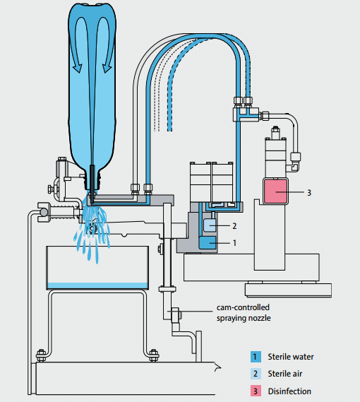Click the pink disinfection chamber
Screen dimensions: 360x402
(x=275, y=191)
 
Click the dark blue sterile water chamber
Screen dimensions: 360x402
(x=208, y=243)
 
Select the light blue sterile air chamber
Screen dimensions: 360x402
(x=210, y=225)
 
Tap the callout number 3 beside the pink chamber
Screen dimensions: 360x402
(x=309, y=193)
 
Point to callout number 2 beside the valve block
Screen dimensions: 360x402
(x=234, y=226)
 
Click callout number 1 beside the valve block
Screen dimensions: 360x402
(x=234, y=243)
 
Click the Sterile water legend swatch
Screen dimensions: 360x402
(x=256, y=357)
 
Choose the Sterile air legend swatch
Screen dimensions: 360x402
(x=256, y=374)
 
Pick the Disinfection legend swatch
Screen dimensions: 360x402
(x=256, y=391)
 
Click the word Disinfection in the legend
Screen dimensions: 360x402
(x=289, y=391)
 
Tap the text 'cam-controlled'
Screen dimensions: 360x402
(x=243, y=307)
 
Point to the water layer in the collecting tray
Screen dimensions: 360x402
(x=97, y=285)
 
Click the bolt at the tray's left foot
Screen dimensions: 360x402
(x=41, y=355)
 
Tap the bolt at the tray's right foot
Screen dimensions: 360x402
(x=153, y=355)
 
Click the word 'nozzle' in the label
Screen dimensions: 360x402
(x=259, y=318)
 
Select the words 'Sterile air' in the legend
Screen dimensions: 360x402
(x=285, y=374)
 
